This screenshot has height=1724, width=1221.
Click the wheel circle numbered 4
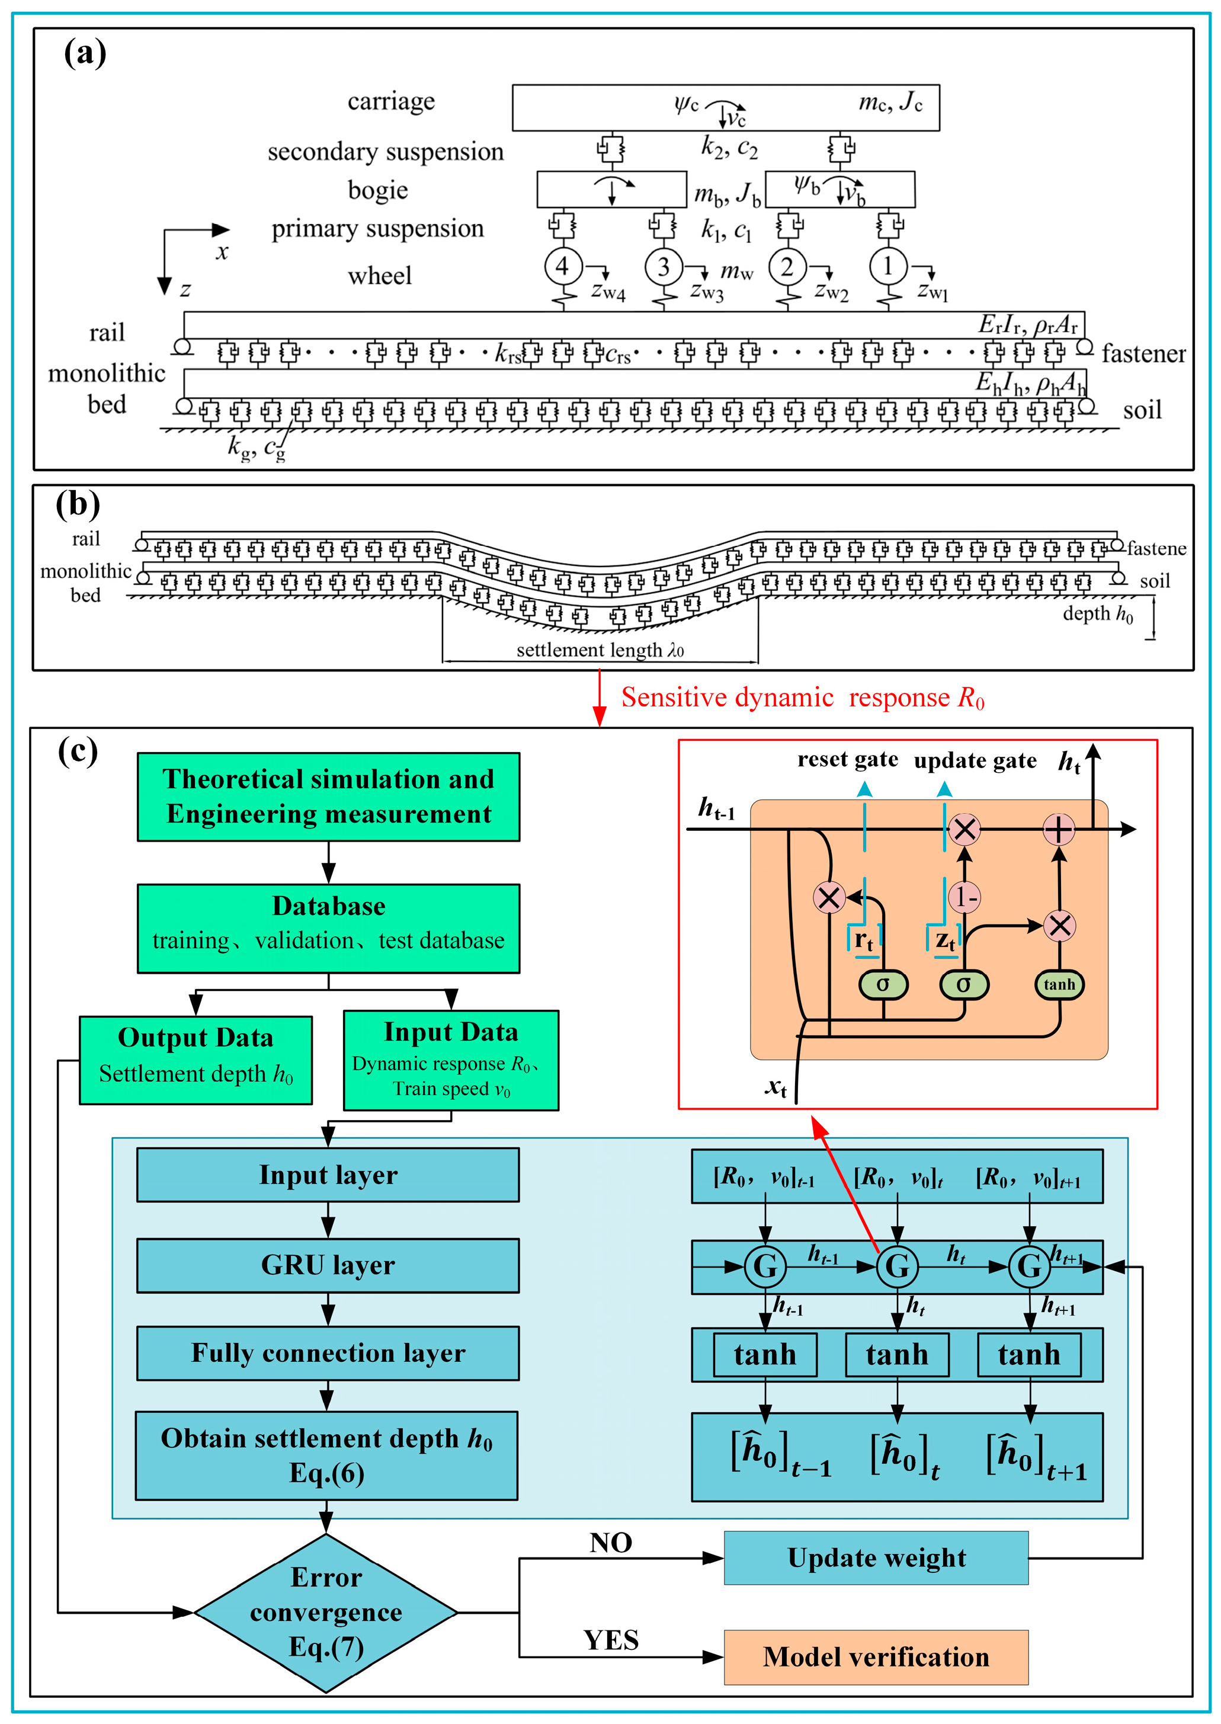pyautogui.click(x=562, y=266)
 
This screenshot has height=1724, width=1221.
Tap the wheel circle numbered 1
pyautogui.click(x=889, y=266)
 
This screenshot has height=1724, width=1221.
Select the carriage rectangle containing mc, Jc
pyautogui.click(x=726, y=107)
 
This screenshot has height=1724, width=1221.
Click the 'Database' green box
pyautogui.click(x=329, y=927)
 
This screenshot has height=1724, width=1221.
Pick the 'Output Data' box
pyautogui.click(x=196, y=1059)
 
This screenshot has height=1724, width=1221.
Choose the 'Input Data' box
pyautogui.click(x=451, y=1059)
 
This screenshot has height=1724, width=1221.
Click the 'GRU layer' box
pyautogui.click(x=328, y=1265)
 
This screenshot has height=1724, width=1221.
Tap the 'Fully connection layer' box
pyautogui.click(x=328, y=1352)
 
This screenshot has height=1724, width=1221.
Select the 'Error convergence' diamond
pyautogui.click(x=326, y=1612)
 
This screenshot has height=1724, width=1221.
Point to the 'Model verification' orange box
pyautogui.click(x=876, y=1657)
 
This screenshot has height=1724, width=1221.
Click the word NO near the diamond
pyautogui.click(x=610, y=1543)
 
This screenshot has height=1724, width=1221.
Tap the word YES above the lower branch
pyautogui.click(x=610, y=1640)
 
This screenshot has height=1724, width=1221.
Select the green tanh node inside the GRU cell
pyautogui.click(x=1059, y=984)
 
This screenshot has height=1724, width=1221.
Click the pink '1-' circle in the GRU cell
pyautogui.click(x=964, y=897)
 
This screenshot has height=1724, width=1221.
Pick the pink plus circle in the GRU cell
pyautogui.click(x=1059, y=830)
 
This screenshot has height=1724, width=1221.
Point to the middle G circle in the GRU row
pyautogui.click(x=897, y=1266)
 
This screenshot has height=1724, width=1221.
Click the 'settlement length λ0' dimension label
pyautogui.click(x=600, y=650)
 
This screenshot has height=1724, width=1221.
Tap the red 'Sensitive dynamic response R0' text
pyautogui.click(x=802, y=698)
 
